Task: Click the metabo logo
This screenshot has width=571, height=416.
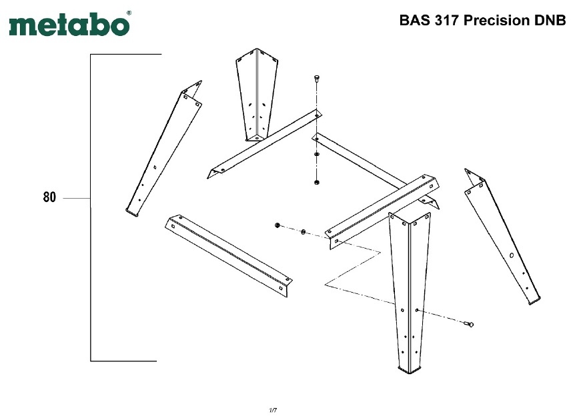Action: (69, 25)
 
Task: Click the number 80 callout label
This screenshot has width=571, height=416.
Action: (49, 197)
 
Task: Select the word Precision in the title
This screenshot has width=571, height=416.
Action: (495, 20)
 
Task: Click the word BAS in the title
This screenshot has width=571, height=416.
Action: (412, 20)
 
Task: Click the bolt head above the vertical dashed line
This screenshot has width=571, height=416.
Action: (316, 80)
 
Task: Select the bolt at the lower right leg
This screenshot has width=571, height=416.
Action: (468, 323)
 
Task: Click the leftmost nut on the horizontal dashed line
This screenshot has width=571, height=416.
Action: (276, 225)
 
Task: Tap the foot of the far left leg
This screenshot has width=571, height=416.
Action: (132, 212)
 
